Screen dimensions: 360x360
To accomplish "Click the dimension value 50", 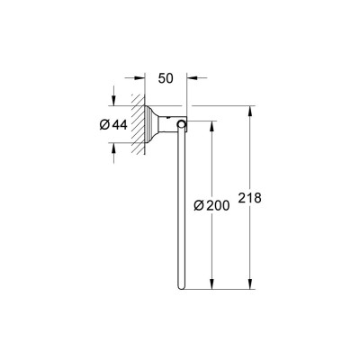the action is [x=166, y=78].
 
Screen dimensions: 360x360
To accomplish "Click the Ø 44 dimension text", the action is [x=113, y=124].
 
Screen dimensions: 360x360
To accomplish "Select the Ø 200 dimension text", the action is [x=211, y=205].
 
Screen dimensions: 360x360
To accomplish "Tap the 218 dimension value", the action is [x=250, y=198].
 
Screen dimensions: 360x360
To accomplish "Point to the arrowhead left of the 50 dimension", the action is [x=139, y=78].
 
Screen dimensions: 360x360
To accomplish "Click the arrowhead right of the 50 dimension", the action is [x=192, y=78].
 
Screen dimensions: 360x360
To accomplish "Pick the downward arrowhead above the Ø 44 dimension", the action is [x=113, y=100].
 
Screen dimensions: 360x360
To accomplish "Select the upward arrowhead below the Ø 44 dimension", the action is [x=113, y=148].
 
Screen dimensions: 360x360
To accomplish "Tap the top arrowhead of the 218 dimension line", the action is [x=249, y=111].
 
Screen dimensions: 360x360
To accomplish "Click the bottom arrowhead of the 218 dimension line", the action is [x=249, y=283].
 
